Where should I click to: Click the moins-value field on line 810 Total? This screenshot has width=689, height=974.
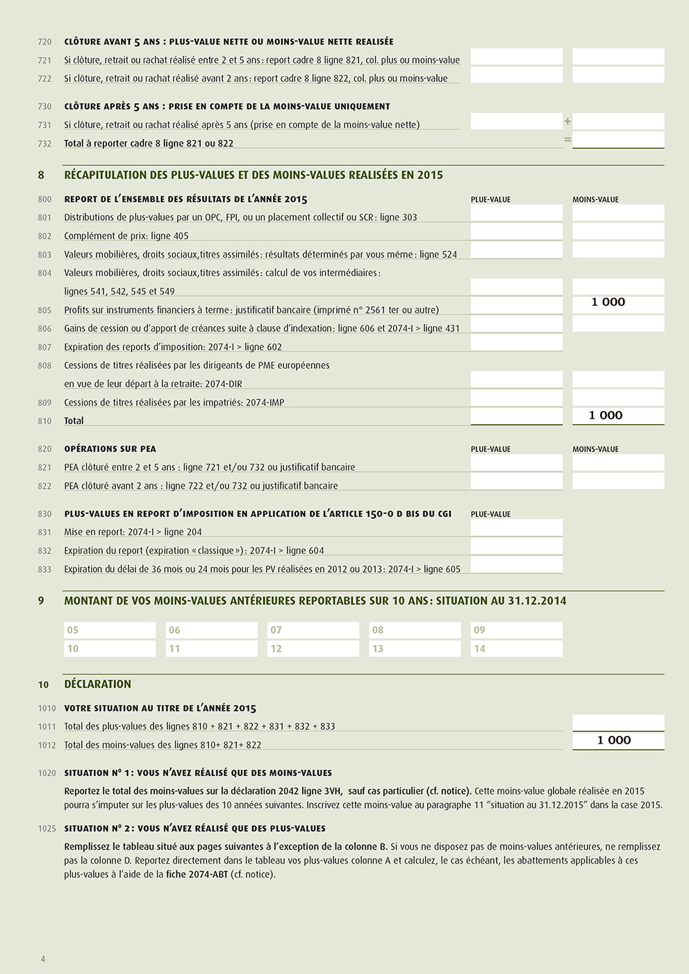(618, 415)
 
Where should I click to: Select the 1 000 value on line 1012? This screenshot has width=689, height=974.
(614, 740)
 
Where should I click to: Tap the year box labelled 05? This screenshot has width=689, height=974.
(110, 630)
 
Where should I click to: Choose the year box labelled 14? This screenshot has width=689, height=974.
(516, 648)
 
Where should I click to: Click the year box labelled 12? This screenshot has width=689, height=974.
(313, 648)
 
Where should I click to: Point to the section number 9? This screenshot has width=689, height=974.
(41, 601)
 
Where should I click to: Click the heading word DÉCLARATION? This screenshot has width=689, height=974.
(97, 684)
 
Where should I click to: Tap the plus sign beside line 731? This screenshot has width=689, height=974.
(567, 121)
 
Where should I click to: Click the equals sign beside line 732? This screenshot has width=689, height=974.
(567, 140)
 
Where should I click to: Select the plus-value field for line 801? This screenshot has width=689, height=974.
(516, 213)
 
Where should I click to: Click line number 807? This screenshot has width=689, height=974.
(44, 347)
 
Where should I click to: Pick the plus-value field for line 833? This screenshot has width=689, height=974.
(516, 565)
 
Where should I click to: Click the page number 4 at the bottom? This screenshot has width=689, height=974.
(43, 959)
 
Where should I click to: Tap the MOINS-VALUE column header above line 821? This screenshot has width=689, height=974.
(595, 449)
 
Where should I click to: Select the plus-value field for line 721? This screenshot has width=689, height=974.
(516, 56)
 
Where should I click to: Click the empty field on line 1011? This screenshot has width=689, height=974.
(618, 722)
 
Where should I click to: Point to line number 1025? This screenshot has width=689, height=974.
(47, 829)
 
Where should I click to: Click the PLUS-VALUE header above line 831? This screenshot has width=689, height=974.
(490, 514)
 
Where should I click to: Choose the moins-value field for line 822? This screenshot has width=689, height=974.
(618, 481)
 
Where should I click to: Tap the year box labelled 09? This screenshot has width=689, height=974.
(516, 630)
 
